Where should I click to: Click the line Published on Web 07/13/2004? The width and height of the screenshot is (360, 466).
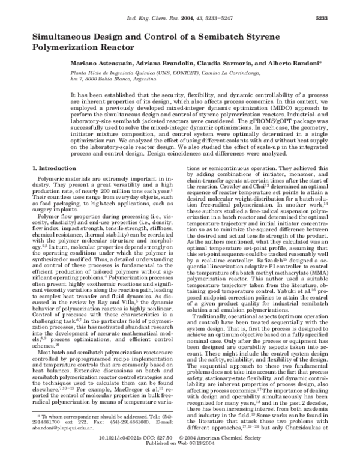pos(180,458)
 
